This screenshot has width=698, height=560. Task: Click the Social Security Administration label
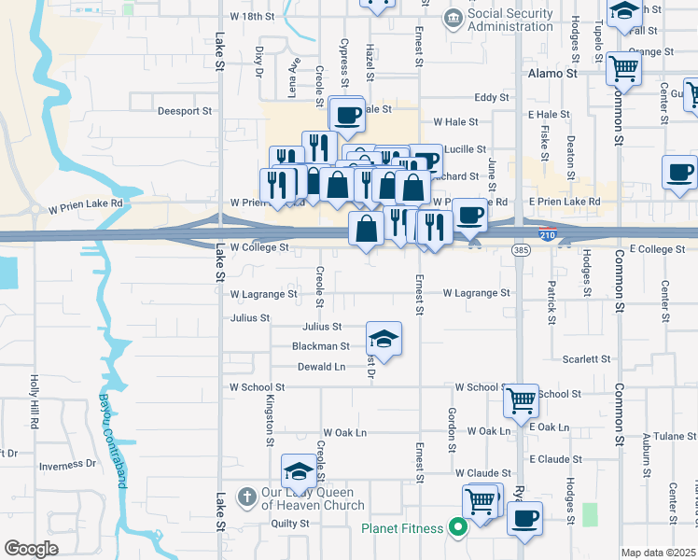pyautogui.click(x=510, y=21)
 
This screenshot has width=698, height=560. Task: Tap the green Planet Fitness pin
pyautogui.click(x=457, y=528)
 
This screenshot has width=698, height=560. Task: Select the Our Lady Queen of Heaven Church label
pyautogui.click(x=312, y=499)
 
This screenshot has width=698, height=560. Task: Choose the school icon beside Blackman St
pyautogui.click(x=384, y=337)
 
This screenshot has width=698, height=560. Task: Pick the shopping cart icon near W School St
pyautogui.click(x=522, y=399)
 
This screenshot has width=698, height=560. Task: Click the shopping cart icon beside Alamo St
pyautogui.click(x=622, y=67)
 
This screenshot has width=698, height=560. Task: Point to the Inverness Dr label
pyautogui.click(x=67, y=464)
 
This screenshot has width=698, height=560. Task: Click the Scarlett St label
pyautogui.click(x=586, y=358)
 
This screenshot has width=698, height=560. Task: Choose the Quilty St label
pyautogui.click(x=289, y=524)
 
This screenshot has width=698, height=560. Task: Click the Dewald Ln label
pyautogui.click(x=321, y=367)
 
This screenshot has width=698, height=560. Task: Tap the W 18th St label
pyautogui.click(x=252, y=17)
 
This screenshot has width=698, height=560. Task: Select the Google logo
pyautogui.click(x=31, y=549)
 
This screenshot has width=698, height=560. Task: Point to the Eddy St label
pyautogui.click(x=490, y=97)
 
